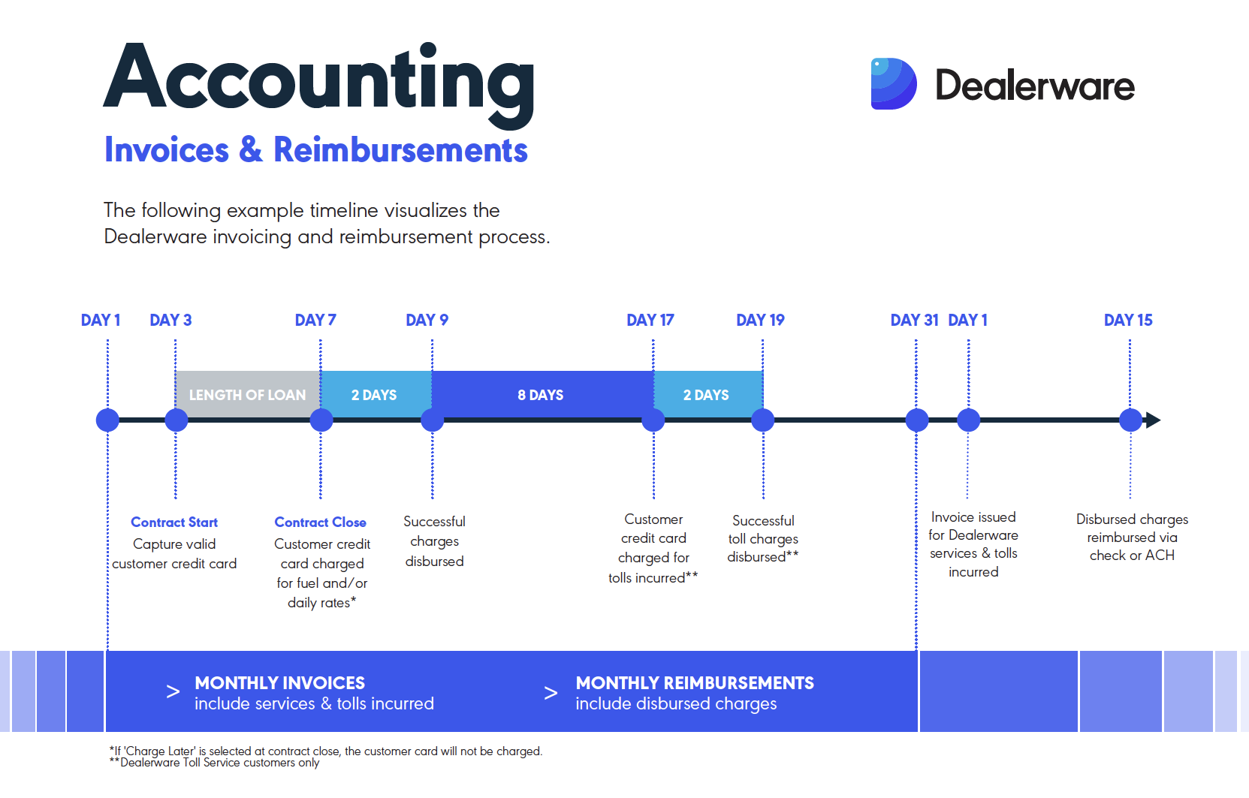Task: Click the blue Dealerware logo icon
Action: (894, 83)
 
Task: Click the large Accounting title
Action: (319, 83)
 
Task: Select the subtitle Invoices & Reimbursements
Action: (315, 150)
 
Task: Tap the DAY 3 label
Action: (170, 321)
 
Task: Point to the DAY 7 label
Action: (315, 321)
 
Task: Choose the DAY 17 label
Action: (650, 321)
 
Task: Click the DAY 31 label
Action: (915, 321)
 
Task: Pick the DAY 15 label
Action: (1128, 321)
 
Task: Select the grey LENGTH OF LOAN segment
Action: (248, 395)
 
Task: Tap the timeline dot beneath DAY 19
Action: (763, 420)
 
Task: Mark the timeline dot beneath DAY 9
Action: (432, 420)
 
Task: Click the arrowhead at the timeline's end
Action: (1154, 420)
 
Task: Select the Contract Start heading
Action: (174, 522)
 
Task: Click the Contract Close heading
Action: (320, 522)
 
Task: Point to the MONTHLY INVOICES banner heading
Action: (279, 683)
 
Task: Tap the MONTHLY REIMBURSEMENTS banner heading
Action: (695, 683)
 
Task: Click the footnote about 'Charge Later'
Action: (326, 751)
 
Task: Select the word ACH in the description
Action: (1160, 556)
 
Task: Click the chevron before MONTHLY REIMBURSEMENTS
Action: (551, 693)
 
